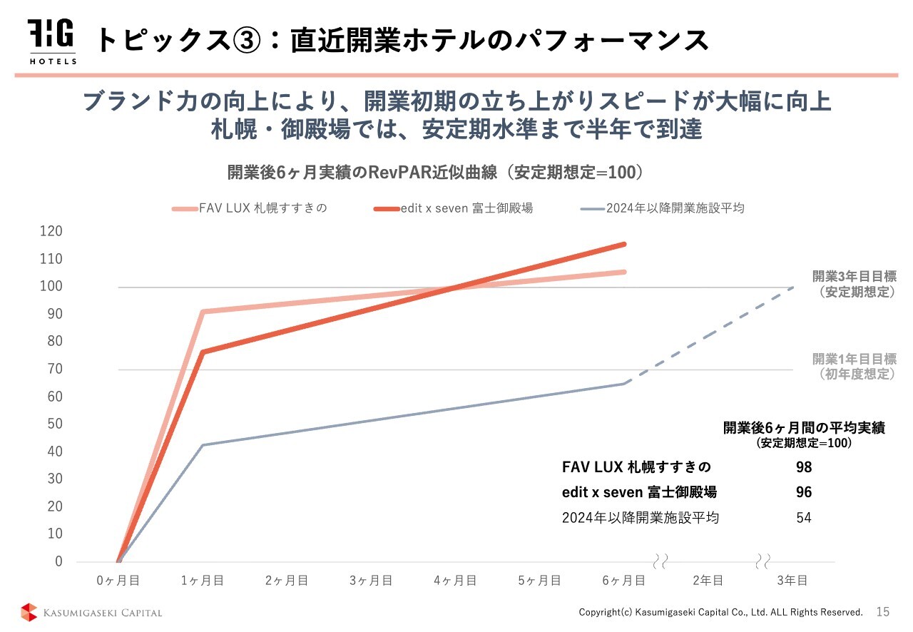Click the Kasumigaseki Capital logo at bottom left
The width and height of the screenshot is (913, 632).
click(x=91, y=612)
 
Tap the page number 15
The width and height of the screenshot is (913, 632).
click(x=883, y=611)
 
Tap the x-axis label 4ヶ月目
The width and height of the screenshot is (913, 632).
click(x=455, y=580)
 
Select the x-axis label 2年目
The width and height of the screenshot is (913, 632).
click(x=708, y=580)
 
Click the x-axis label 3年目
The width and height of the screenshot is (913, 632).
click(x=792, y=580)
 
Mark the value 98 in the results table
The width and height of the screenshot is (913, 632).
click(x=804, y=467)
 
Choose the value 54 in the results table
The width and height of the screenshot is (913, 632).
click(x=804, y=518)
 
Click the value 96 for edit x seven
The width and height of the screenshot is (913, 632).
click(x=804, y=492)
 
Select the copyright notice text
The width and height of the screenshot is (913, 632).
click(x=720, y=612)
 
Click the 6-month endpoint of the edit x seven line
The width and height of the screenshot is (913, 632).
click(x=624, y=244)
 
